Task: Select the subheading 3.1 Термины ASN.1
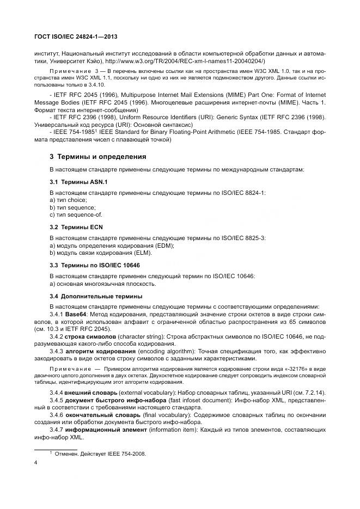tap(79, 181)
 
